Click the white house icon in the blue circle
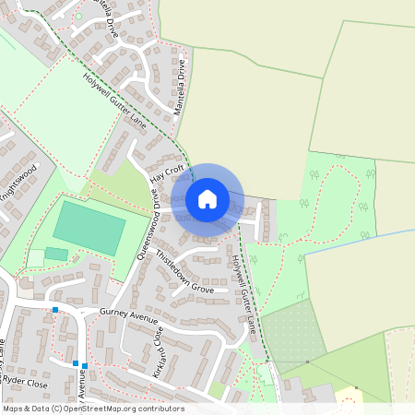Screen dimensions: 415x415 [x=207, y=198]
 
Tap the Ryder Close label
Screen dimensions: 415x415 [x=25, y=379]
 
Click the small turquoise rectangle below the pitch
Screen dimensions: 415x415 [x=56, y=254]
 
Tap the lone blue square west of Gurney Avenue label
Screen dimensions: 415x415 [x=55, y=310]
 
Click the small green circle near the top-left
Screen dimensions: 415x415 [x=77, y=16]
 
